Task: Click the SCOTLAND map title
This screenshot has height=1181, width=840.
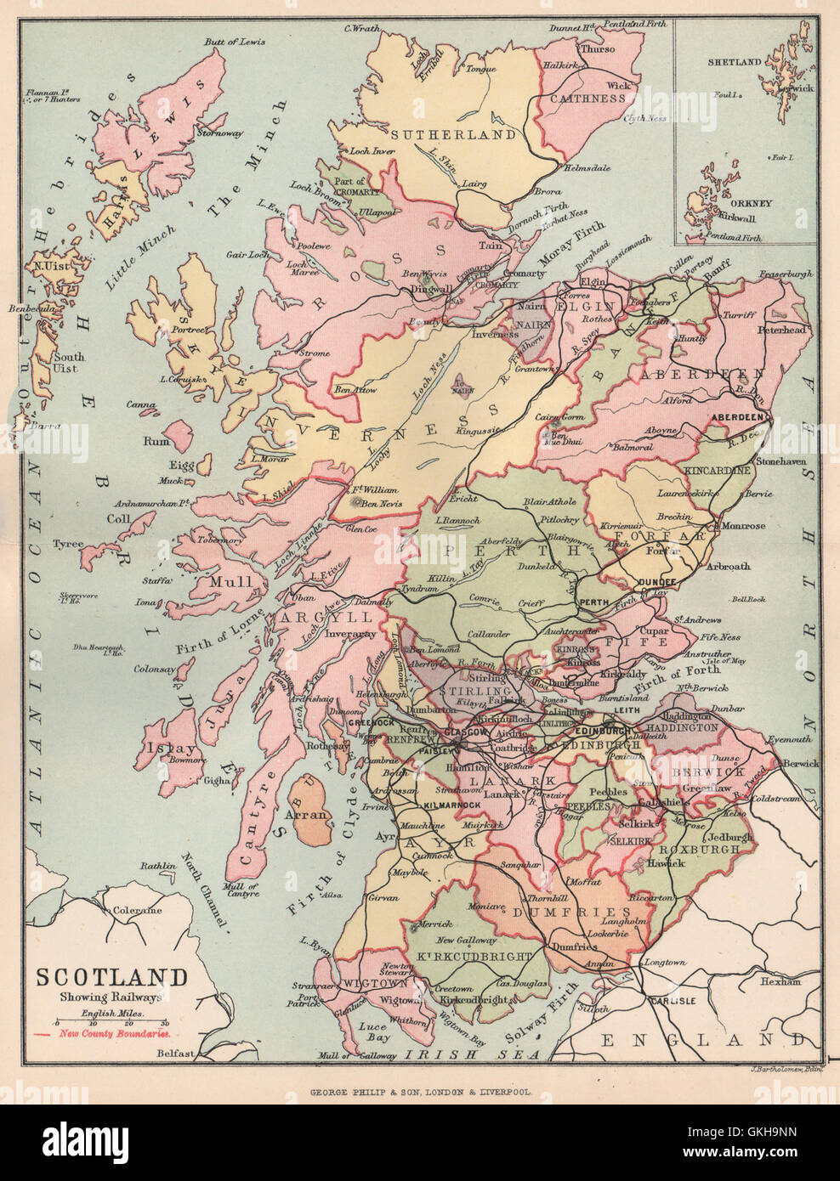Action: [111, 976]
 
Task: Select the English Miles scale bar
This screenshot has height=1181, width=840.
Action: [111, 1024]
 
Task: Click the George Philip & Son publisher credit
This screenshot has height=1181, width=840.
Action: [419, 1095]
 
